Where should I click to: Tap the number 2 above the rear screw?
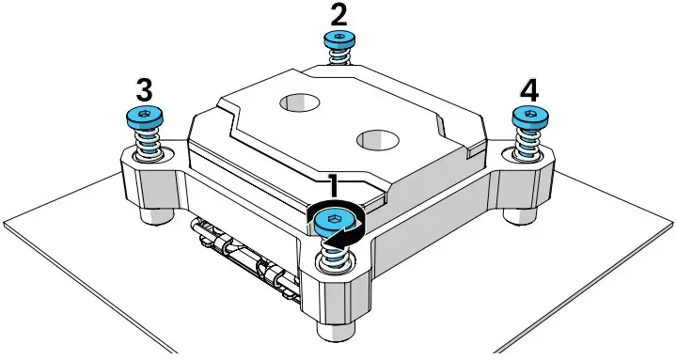(338, 14)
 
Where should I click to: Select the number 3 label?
(144, 89)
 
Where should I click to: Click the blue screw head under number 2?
(338, 39)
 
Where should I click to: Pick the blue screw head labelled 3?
(144, 117)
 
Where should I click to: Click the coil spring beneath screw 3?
(146, 144)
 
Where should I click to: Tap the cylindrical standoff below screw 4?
(519, 211)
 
